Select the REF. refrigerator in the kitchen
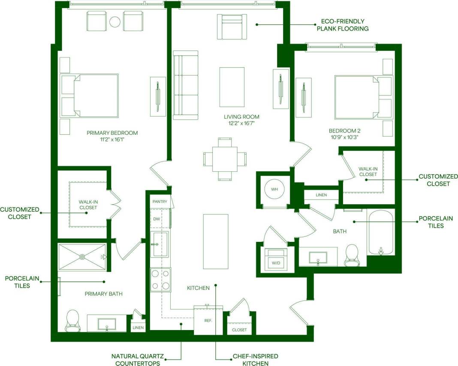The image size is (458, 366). point(208,320)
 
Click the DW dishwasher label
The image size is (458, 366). point(157,219)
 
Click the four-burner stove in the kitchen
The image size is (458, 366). point(161,280)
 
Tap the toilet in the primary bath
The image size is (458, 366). point(72,320)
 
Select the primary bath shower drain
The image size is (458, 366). point(82,257)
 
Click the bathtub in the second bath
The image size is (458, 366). point(380,232)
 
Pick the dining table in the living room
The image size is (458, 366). point(225,158)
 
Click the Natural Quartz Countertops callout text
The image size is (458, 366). point(136,360)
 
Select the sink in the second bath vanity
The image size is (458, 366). point(318,258)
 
